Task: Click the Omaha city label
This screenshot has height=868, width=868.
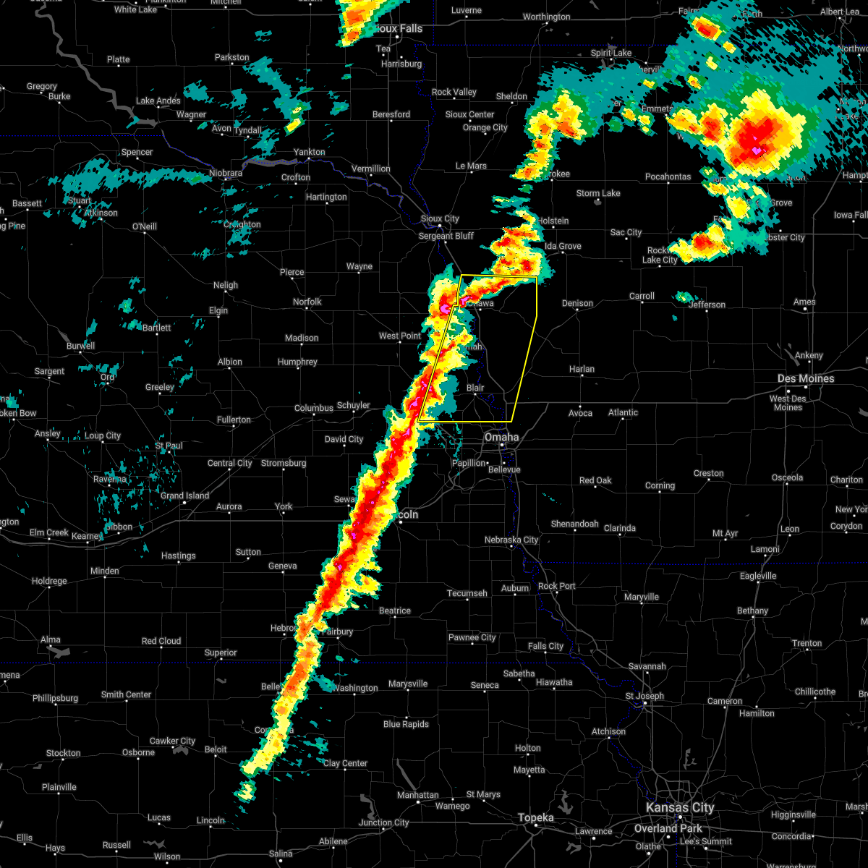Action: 501,437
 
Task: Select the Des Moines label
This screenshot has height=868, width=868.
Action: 806,378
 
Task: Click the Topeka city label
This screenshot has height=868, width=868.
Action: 536,817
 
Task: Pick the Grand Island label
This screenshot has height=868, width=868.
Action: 184,496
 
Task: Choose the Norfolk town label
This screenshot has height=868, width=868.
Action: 307,302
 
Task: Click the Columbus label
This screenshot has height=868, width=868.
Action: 313,408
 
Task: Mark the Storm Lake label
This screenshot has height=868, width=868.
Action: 598,193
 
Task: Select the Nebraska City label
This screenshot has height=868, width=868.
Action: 511,540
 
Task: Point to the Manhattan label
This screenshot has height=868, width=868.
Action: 417,795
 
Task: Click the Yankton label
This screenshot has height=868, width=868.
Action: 309,152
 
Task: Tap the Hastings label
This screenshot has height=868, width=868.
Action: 178,556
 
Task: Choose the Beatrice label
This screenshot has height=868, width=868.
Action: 395,610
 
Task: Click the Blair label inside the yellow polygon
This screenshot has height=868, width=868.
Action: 475,388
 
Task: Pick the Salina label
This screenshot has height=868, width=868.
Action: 281,854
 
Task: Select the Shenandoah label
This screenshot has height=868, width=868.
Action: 575,524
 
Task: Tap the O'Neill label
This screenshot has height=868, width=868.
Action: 144,226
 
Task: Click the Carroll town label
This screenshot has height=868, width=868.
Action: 642,296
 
